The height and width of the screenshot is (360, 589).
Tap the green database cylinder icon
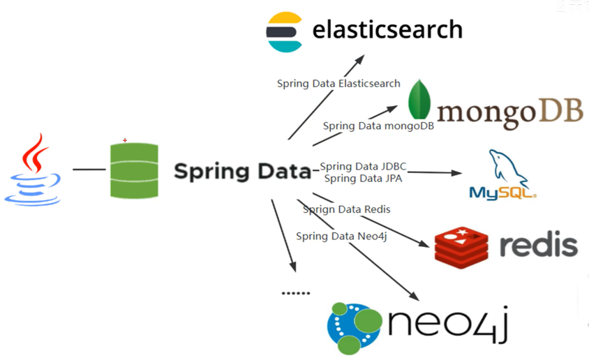[x=134, y=170]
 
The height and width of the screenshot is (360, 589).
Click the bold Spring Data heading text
[x=241, y=171]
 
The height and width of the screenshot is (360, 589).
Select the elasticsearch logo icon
[x=285, y=31]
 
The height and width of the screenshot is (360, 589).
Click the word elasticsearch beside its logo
[x=387, y=29]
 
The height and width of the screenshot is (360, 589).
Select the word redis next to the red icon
[x=539, y=245]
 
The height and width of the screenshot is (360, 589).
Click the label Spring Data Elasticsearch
[x=338, y=84]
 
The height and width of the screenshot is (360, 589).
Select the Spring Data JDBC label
[x=363, y=166]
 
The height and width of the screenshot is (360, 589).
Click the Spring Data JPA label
[x=363, y=178]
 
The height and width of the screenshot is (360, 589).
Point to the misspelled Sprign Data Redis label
[x=346, y=209]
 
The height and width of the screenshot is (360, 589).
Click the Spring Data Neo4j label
[x=341, y=236]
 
